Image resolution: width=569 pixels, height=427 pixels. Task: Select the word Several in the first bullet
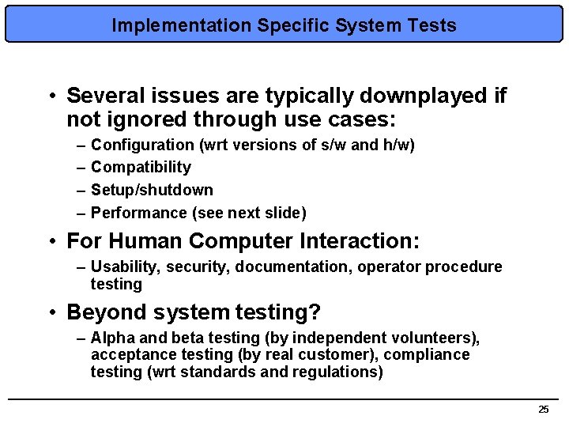point(101,96)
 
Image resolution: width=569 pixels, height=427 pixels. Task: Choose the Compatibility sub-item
point(141,167)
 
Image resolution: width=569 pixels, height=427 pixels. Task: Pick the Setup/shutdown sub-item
point(152,190)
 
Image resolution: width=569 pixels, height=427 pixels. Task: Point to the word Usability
point(122,266)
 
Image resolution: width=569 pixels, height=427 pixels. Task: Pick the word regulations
point(341,372)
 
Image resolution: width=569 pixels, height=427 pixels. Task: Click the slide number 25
point(543,409)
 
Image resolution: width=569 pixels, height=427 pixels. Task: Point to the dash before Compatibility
point(82,167)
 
